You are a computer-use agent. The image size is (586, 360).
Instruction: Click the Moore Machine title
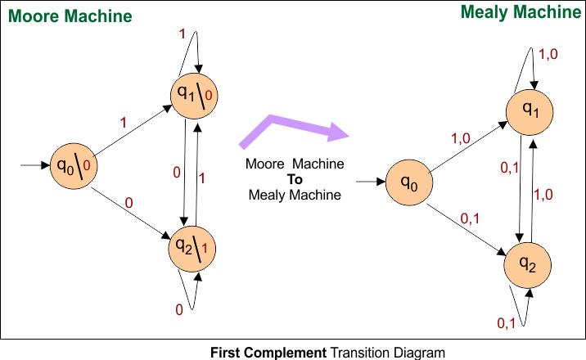coord(61,16)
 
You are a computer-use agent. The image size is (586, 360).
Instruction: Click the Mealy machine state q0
coord(409,185)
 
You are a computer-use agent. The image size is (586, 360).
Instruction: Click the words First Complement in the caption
coord(269,353)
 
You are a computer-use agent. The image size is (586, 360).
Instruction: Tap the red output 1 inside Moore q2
coord(204,247)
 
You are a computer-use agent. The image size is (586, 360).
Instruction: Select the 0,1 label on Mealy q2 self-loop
coord(507,323)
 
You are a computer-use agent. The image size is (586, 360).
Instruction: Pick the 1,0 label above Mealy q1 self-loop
coord(548,54)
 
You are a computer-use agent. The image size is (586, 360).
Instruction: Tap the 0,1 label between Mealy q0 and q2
coord(471,217)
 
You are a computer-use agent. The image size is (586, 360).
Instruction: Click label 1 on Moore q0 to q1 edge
coord(123,123)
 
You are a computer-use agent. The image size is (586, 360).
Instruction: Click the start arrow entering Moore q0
coord(35,165)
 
